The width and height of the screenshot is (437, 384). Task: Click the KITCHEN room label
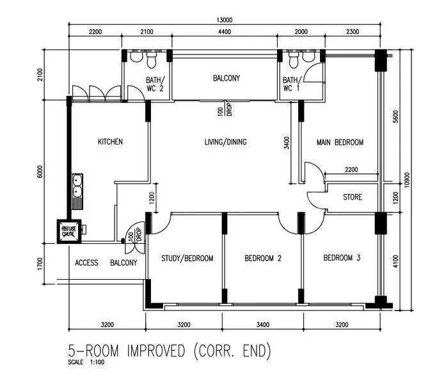coord(110,142)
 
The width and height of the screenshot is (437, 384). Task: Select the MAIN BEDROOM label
coord(340,142)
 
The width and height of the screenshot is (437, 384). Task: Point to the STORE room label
coord(352,197)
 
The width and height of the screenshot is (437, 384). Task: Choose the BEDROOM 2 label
coord(263,259)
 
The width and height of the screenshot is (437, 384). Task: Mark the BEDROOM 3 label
coord(342,258)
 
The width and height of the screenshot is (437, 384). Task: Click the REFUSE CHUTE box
coord(68,232)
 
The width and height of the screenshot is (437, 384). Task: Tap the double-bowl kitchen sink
coord(77,184)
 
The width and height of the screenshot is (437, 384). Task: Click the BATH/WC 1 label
coord(291,84)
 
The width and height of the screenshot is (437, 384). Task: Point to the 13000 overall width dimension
coord(224,20)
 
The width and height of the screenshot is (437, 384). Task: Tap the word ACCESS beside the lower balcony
coord(86,263)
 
